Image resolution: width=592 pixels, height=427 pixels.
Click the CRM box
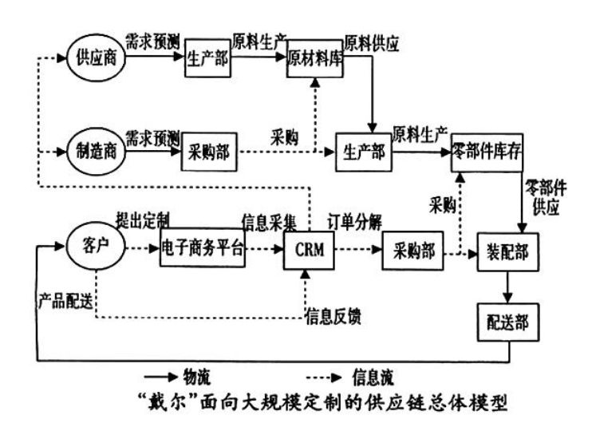coord(309,251)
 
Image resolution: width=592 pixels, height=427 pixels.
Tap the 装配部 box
coord(503,254)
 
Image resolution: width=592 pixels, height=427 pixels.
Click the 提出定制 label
coord(142,219)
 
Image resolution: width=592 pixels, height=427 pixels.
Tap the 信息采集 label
coord(269,219)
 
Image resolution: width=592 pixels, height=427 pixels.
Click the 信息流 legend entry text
coord(370,374)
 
